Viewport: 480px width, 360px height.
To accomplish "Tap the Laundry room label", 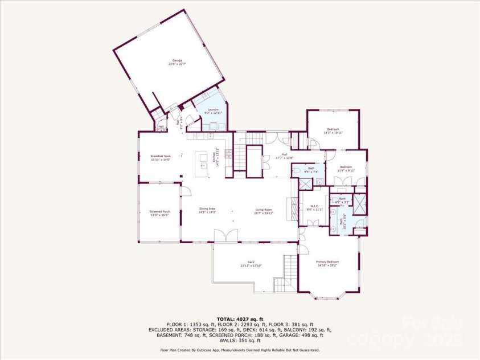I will pos(214,111).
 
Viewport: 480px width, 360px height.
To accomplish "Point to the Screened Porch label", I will pos(160,213).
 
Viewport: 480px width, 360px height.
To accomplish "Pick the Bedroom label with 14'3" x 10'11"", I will pos(333,130).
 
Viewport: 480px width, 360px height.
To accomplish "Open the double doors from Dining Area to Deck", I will pos(224,235).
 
